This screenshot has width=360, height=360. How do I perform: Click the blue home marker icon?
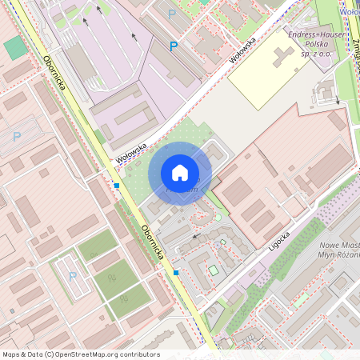click(x=180, y=173)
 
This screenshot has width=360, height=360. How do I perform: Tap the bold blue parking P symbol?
click(x=173, y=46)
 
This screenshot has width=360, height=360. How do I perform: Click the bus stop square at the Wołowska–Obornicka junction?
click(x=117, y=186)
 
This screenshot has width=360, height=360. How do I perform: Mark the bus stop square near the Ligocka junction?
click(x=176, y=273)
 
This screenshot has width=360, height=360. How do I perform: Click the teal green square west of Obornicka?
click(x=15, y=47)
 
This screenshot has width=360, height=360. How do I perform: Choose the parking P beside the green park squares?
click(x=73, y=276)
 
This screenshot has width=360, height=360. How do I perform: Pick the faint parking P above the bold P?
click(x=172, y=14)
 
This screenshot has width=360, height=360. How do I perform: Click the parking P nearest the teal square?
click(x=17, y=136)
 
